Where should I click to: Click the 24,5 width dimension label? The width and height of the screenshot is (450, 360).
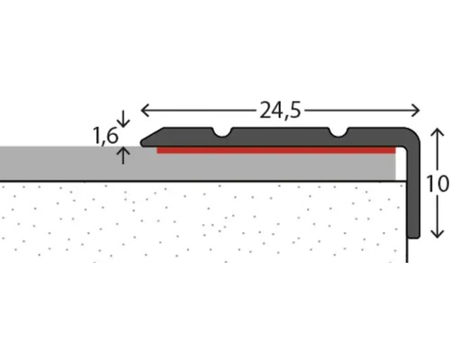coord(280,110)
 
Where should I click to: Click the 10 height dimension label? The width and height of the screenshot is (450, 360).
coord(437,184)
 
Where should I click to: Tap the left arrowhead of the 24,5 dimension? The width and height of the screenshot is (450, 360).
coord(144,111)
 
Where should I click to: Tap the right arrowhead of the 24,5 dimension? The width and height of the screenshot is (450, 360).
coord(416,111)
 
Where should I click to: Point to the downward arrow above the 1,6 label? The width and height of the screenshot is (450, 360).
coord(123,118)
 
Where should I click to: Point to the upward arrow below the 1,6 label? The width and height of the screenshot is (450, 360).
coord(123,156)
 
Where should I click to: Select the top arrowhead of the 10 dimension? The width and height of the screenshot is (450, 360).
coord(437,132)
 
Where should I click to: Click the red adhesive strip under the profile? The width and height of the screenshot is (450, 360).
coord(276,150)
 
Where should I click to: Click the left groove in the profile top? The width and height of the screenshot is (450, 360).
coord(222,132)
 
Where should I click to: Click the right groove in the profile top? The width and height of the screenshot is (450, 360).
coord(338,132)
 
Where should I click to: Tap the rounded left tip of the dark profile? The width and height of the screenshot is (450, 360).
coord(142,143)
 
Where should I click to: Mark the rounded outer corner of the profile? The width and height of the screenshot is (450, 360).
coord(416,132)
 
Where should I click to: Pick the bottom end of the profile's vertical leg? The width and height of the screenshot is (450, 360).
coord(414,238)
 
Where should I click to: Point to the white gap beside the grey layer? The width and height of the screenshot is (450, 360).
coord(400,164)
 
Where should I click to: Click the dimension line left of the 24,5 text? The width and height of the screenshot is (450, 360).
coord(199,111)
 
